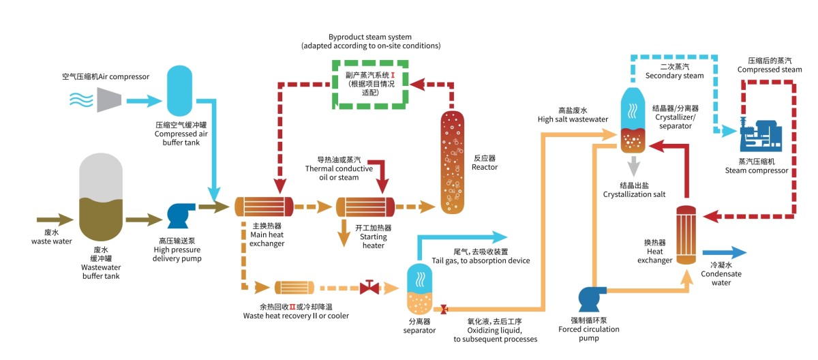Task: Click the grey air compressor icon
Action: [110, 99]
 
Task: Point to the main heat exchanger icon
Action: [263, 207]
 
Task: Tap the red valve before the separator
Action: [369, 287]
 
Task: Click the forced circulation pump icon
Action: [591, 298]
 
